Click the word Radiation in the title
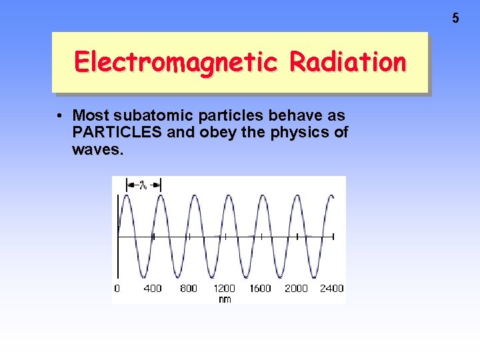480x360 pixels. tap(347, 62)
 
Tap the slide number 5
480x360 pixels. tap(455, 19)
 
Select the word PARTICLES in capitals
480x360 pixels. tap(117, 132)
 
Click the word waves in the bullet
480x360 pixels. tap(97, 149)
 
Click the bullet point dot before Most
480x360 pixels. tap(60, 115)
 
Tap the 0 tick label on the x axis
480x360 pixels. tap(117, 288)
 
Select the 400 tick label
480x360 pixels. tap(153, 288)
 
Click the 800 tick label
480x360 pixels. tap(189, 288)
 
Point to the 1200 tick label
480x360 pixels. tap(224, 288)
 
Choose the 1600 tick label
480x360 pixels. tap(260, 288)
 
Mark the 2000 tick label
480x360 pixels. tap(296, 288)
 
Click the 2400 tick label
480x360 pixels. tap(331, 288)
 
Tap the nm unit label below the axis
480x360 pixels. tap(225, 299)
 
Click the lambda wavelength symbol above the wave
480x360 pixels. tap(143, 185)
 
